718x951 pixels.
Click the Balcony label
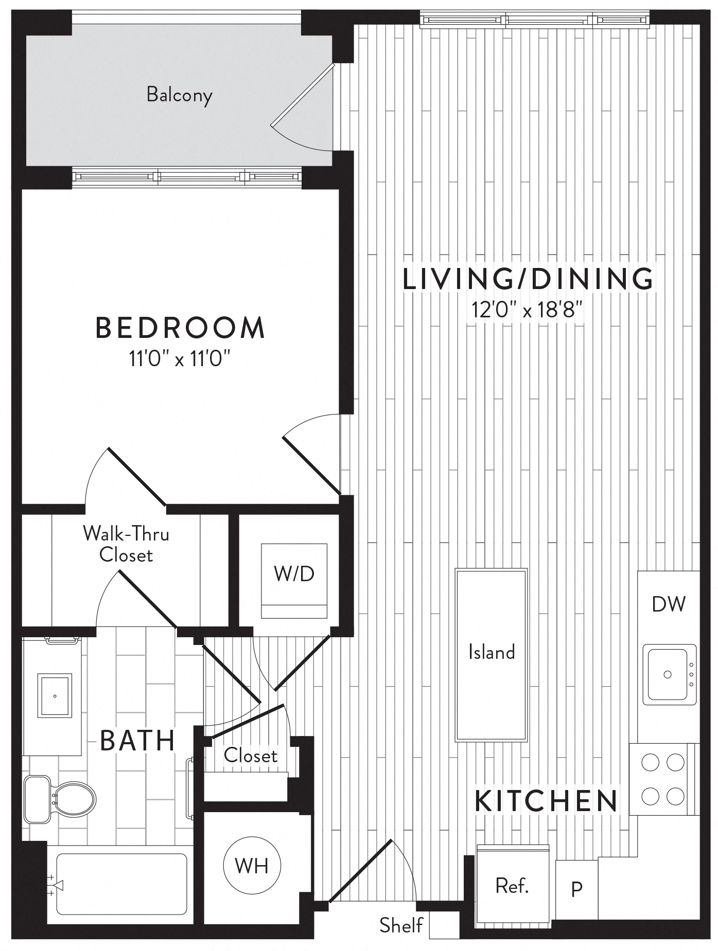(x=179, y=95)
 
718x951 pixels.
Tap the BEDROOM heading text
(x=180, y=328)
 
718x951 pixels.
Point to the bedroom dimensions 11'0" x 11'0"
(x=179, y=358)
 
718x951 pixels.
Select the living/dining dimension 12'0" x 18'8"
(x=527, y=310)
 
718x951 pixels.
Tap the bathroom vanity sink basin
(x=55, y=696)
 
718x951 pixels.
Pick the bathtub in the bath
(x=121, y=884)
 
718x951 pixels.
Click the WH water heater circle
(x=252, y=866)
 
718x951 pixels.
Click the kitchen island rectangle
(x=491, y=654)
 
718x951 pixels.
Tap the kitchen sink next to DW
(x=668, y=674)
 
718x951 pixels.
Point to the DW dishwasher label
(x=668, y=604)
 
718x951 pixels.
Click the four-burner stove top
(x=663, y=779)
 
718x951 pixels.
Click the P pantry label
(x=576, y=889)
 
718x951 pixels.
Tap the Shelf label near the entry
(x=401, y=925)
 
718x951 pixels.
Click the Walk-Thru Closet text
(x=126, y=544)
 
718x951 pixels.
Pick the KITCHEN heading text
(x=546, y=801)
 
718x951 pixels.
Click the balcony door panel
(x=302, y=95)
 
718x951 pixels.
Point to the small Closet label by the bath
(x=250, y=755)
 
